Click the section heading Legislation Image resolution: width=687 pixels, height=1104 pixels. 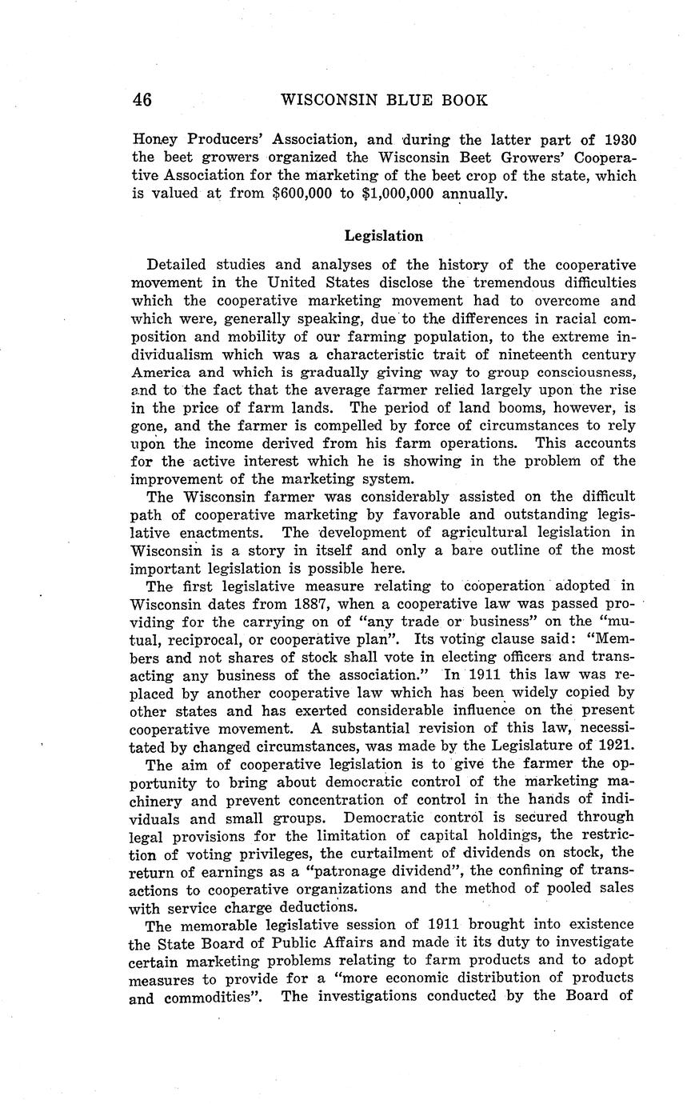(x=383, y=236)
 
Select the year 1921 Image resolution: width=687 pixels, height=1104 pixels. (x=616, y=746)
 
